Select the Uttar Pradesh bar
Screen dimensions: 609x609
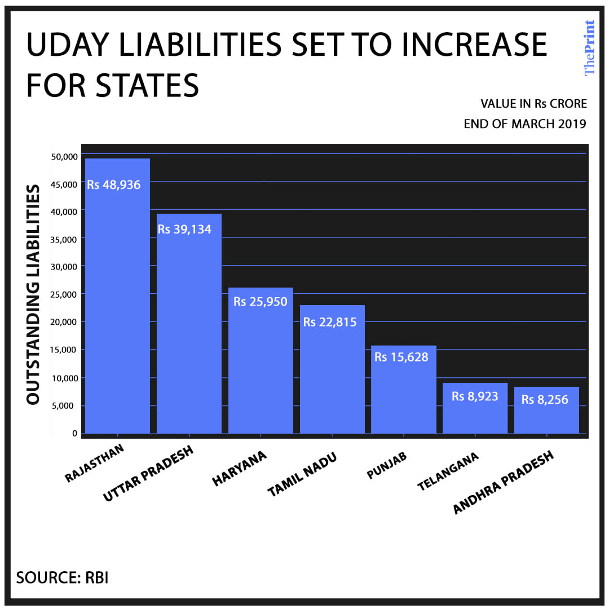click(189, 338)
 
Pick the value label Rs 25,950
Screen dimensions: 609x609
click(261, 302)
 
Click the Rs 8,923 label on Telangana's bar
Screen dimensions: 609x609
click(475, 396)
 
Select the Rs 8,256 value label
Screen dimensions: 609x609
click(545, 400)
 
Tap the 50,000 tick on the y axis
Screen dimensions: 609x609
click(64, 157)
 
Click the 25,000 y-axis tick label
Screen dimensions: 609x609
click(64, 294)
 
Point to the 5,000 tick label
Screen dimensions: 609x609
click(66, 405)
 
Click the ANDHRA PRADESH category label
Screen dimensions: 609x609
click(504, 483)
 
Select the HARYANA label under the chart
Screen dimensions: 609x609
click(239, 469)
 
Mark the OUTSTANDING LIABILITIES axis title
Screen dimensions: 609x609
click(33, 294)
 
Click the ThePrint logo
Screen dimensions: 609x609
click(589, 48)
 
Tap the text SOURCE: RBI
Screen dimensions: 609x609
click(62, 577)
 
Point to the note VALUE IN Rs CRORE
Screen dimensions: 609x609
click(533, 104)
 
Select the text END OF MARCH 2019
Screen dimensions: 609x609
click(524, 124)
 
